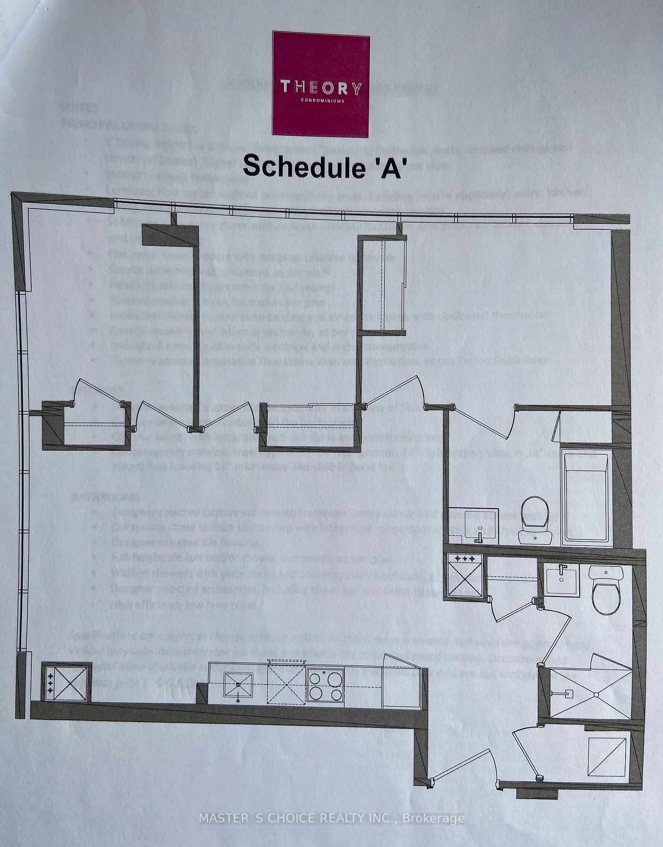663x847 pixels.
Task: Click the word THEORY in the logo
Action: [321, 88]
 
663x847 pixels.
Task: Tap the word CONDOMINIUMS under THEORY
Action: [321, 100]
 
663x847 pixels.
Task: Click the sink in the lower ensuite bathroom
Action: [562, 581]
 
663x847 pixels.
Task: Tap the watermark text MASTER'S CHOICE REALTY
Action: [331, 818]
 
